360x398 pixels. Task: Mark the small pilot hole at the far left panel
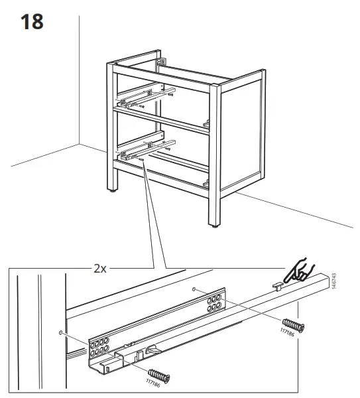tap(62, 332)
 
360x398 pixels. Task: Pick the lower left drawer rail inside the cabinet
tap(143, 151)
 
